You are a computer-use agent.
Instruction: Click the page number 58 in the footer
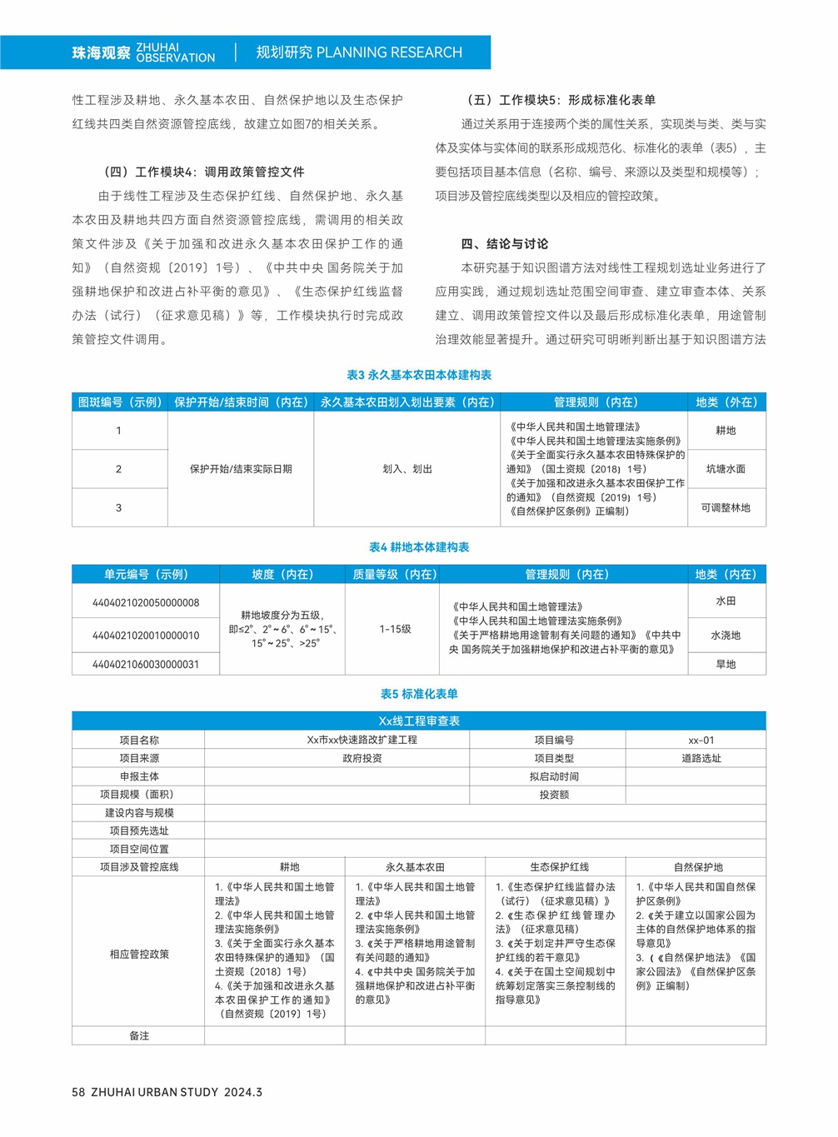click(78, 1092)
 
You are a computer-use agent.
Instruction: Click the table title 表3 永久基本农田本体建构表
click(419, 375)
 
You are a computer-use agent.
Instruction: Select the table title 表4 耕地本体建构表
click(419, 547)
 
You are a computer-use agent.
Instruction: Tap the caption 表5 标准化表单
click(419, 694)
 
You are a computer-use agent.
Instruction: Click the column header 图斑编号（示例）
click(120, 402)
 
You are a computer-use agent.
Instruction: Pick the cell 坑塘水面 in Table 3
click(726, 469)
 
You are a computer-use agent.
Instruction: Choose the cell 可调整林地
click(726, 507)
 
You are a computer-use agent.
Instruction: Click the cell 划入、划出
click(407, 469)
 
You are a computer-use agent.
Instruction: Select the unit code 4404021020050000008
click(146, 602)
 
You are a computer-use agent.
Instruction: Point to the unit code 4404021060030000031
click(146, 664)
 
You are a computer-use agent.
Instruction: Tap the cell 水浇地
click(726, 635)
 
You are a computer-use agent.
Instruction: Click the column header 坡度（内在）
click(282, 575)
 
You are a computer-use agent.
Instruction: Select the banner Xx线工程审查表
click(419, 721)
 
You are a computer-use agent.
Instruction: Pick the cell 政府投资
click(362, 758)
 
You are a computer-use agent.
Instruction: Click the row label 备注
click(139, 1035)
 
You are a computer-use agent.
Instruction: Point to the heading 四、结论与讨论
click(505, 244)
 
